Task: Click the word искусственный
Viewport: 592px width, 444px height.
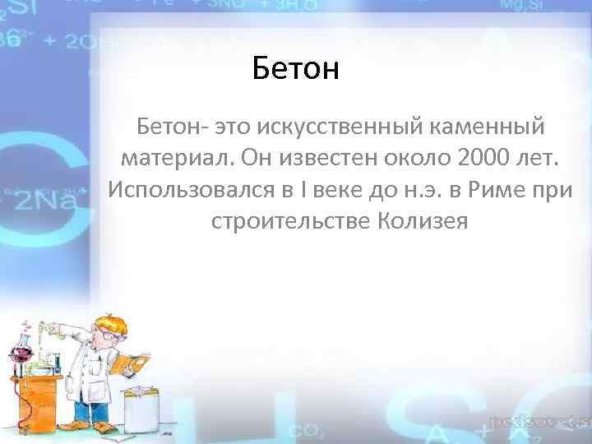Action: coord(339,127)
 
